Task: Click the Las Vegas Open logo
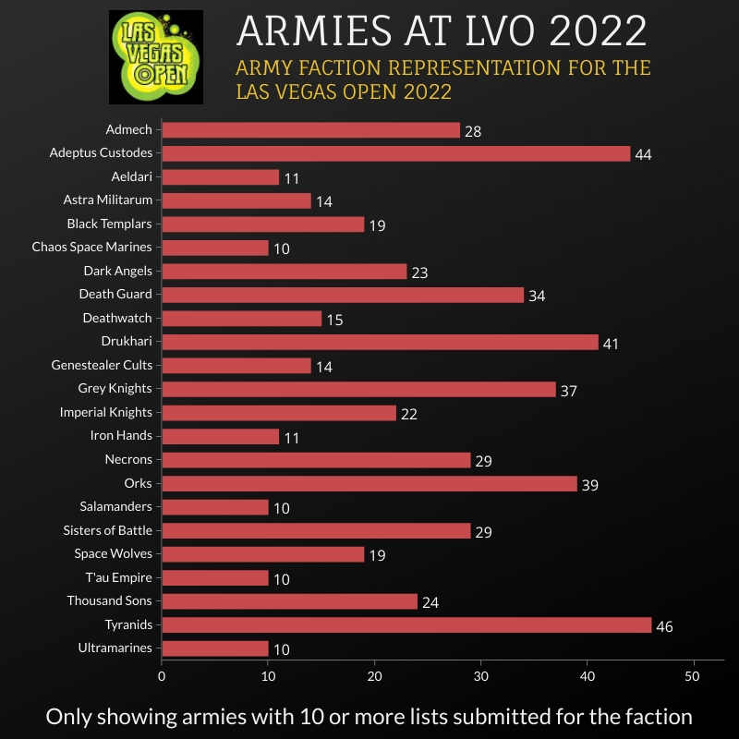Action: (x=155, y=57)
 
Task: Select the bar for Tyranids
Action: (x=406, y=625)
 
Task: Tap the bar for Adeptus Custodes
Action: (x=395, y=153)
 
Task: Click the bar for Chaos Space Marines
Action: (x=214, y=248)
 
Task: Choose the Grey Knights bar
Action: (x=358, y=389)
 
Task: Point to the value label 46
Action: (x=664, y=627)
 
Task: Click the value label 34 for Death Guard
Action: (x=537, y=297)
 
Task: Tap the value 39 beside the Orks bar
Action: (x=589, y=485)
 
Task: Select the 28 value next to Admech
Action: (x=472, y=131)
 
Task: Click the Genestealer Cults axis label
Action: (x=102, y=365)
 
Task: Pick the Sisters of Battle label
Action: (x=107, y=530)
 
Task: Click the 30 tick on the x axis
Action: (x=480, y=676)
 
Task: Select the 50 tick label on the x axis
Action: (x=693, y=676)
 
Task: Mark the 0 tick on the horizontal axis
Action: (x=162, y=676)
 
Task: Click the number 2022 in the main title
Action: (x=595, y=30)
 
